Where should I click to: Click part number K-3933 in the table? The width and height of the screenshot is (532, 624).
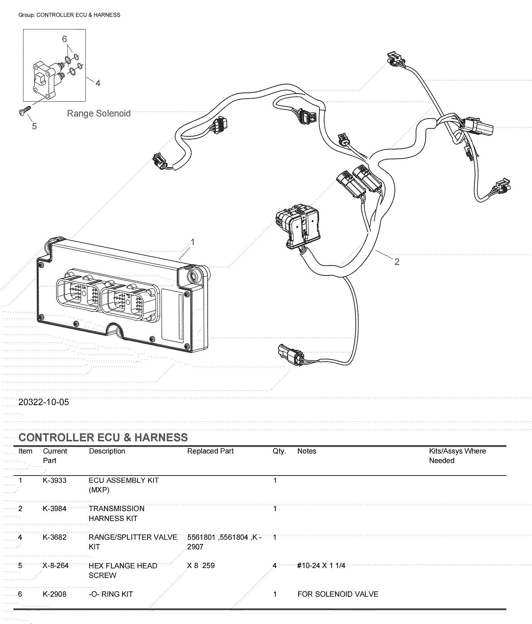55,480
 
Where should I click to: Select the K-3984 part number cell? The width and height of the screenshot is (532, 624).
55,508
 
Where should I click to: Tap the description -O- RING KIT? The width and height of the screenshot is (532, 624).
111,594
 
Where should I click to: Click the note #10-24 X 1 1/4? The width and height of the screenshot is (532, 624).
321,565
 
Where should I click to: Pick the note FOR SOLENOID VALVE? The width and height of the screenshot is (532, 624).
338,594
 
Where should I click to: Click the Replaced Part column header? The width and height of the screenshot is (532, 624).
210,451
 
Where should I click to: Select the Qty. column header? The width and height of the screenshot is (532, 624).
279,451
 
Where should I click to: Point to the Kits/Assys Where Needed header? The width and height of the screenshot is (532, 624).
457,455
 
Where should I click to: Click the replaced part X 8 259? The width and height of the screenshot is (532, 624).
201,565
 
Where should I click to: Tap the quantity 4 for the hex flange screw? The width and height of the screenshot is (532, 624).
275,565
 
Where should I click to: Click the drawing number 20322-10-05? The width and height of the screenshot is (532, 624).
44,402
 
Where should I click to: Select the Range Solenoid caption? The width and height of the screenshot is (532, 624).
99,114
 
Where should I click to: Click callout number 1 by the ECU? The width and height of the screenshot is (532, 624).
193,242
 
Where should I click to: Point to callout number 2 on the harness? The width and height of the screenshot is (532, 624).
397,262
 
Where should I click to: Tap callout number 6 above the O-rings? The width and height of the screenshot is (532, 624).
64,39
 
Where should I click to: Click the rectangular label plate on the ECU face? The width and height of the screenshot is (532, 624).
173,314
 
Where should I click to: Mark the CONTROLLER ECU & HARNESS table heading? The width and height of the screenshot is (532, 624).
103,437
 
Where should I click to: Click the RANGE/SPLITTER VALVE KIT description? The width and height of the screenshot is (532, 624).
132,542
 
